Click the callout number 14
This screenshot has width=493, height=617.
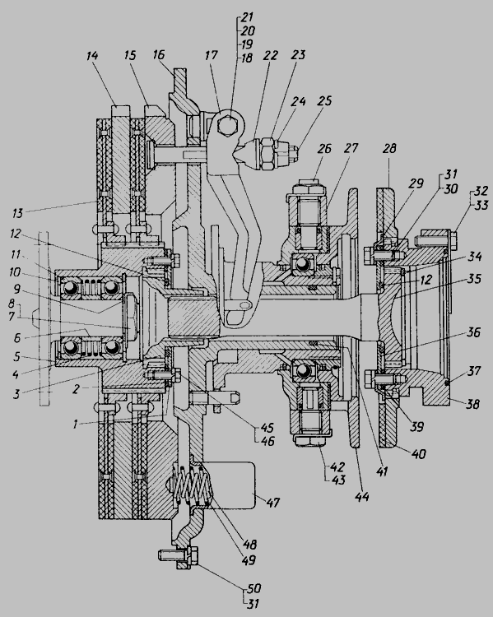[x=92, y=55]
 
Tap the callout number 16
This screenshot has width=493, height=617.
[x=159, y=54]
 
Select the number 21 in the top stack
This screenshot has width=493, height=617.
[x=247, y=17]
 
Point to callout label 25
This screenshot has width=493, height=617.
[x=324, y=100]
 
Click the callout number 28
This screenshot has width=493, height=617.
[x=389, y=148]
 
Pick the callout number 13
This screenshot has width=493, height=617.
[x=18, y=213]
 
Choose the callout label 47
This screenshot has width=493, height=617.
[x=272, y=503]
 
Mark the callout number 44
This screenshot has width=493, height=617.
[x=362, y=497]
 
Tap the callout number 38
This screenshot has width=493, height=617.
[x=472, y=404]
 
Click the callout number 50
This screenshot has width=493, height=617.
[x=254, y=589]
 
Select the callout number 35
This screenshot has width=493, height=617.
[x=475, y=279]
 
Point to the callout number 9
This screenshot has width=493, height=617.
[x=16, y=290]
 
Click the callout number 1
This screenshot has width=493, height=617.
[x=75, y=424]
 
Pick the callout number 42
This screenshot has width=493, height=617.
[x=337, y=467]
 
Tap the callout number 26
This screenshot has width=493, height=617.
[x=324, y=149]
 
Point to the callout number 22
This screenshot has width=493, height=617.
[x=271, y=55]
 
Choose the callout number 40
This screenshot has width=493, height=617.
[x=418, y=453]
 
